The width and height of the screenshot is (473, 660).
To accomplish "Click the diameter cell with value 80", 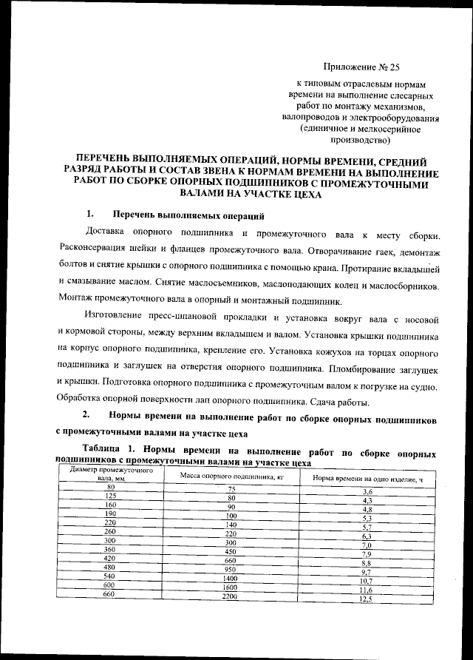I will (x=110, y=487).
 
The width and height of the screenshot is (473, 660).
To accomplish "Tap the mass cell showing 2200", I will (x=231, y=596).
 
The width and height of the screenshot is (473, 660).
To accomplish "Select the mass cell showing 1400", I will (x=231, y=578).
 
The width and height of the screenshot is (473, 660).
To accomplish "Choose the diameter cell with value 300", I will (x=110, y=541).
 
